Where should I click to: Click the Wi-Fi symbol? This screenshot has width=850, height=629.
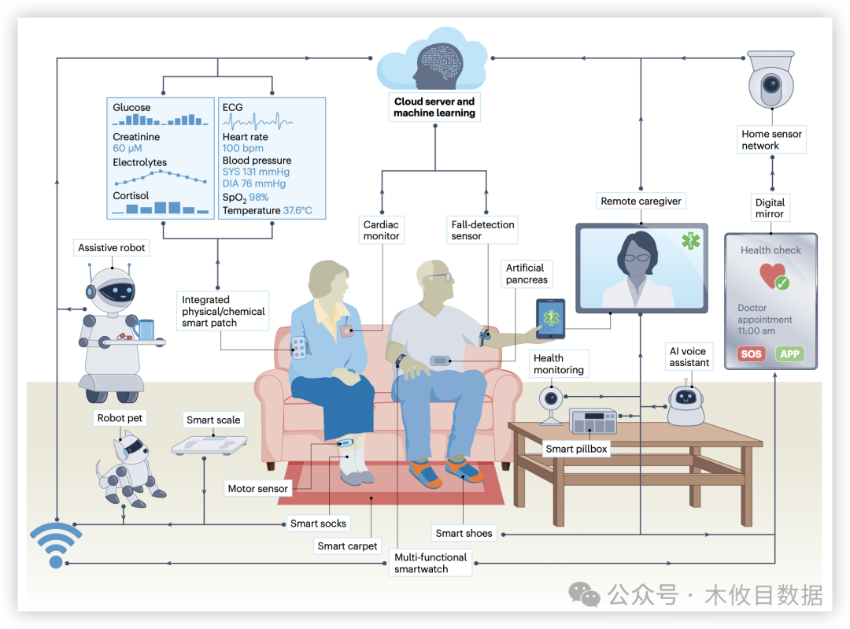(x=56, y=544)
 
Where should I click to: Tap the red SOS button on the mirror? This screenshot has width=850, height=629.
(x=751, y=353)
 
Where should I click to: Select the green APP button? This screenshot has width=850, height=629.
(x=789, y=353)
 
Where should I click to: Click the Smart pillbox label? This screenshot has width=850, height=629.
(x=577, y=449)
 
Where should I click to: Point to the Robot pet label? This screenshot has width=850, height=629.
(x=120, y=418)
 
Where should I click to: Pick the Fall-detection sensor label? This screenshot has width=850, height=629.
(x=482, y=230)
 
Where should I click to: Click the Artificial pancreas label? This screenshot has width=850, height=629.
(x=525, y=274)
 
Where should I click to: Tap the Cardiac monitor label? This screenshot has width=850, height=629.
(x=382, y=230)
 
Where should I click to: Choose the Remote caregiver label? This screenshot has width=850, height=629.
(x=641, y=201)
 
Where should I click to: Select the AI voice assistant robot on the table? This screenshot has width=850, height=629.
(x=686, y=403)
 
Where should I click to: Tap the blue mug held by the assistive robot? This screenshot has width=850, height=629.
(x=144, y=328)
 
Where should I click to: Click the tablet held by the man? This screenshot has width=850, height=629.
(x=550, y=319)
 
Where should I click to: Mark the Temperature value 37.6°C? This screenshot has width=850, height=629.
(x=297, y=210)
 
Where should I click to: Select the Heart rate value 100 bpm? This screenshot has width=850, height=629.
(x=243, y=148)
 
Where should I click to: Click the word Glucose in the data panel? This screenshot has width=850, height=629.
(x=131, y=107)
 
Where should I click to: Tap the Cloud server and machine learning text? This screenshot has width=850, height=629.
(x=434, y=107)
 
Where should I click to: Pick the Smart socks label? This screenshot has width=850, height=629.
(x=318, y=524)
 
